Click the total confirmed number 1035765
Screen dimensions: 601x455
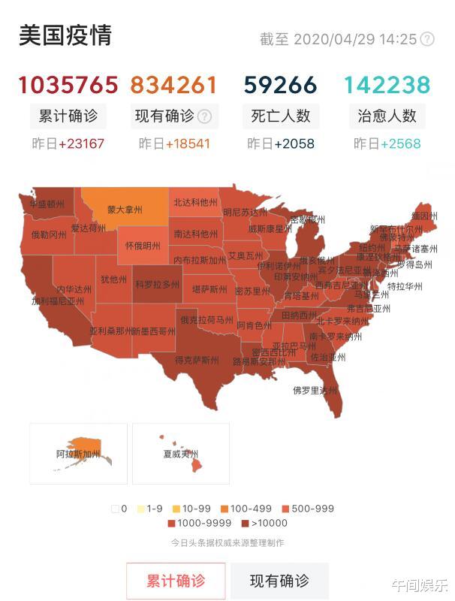click(68, 85)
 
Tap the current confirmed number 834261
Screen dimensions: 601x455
click(174, 85)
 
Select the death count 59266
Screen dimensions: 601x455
click(279, 85)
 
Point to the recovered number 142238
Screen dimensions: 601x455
click(387, 85)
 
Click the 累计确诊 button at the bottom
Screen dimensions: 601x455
click(175, 581)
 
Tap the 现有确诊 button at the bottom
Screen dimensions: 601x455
click(279, 581)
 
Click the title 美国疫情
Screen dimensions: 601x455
click(65, 36)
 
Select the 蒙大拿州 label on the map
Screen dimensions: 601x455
click(124, 210)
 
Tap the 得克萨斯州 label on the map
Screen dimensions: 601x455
click(197, 360)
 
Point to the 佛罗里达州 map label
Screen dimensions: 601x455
click(315, 390)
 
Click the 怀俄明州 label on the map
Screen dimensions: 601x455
click(143, 246)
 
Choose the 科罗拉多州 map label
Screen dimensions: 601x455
click(157, 285)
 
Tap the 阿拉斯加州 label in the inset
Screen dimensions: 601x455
click(78, 455)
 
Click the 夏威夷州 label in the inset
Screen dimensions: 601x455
click(181, 455)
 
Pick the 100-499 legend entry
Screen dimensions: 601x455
click(251, 509)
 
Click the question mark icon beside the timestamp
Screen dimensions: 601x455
click(427, 39)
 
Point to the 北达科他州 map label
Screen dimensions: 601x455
click(195, 202)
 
